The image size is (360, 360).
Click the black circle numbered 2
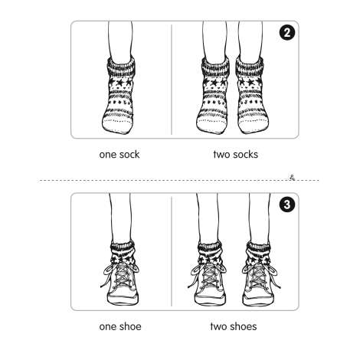[x=287, y=33]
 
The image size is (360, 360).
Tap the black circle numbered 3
[x=287, y=205]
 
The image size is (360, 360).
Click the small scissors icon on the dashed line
[x=292, y=178]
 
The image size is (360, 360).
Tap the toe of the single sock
[x=117, y=125]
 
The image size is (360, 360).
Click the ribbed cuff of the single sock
[x=121, y=67]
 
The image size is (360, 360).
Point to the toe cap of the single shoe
[x=123, y=299]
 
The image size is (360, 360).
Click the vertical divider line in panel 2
[x=172, y=80]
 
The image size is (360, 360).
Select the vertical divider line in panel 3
[x=172, y=251]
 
